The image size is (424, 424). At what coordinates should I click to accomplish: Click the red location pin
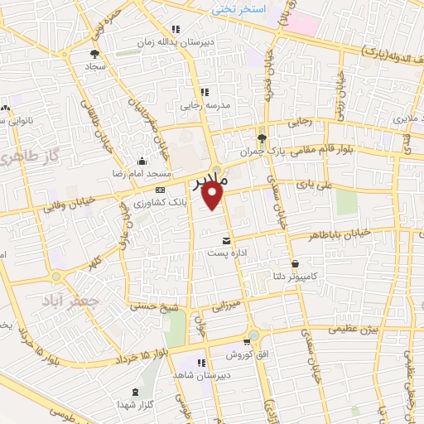214,196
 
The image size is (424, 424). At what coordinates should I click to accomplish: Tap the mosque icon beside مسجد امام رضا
144,162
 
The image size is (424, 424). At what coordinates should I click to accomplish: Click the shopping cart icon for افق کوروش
246,342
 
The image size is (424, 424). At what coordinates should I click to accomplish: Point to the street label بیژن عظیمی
349,329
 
